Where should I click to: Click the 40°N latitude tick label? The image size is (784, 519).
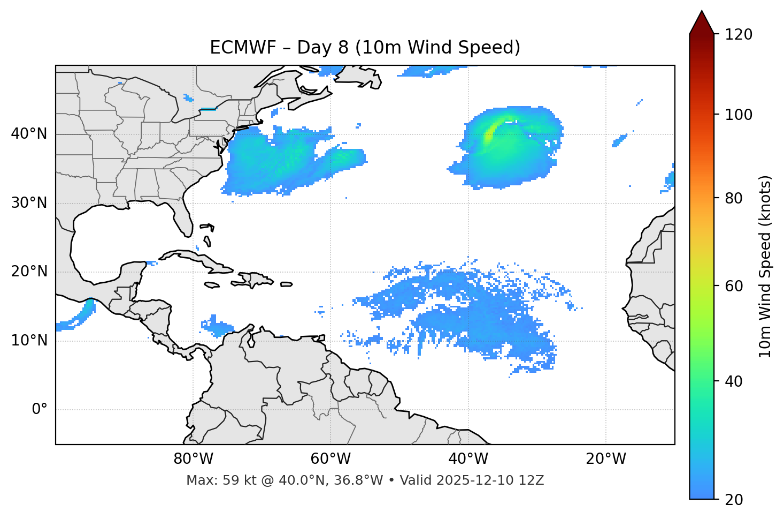[29, 134]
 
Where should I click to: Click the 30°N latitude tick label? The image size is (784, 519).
[29, 203]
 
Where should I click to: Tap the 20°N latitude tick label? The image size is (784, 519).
[29, 272]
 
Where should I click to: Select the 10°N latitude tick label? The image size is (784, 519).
[29, 341]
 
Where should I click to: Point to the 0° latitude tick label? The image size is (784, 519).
[40, 410]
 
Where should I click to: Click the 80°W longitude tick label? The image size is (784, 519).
[193, 459]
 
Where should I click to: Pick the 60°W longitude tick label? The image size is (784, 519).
[330, 459]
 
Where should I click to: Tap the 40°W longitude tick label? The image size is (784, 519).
[468, 459]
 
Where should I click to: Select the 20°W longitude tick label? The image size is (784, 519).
[606, 459]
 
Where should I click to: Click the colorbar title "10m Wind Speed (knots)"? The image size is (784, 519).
[765, 267]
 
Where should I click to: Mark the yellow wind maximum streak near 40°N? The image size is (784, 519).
[489, 134]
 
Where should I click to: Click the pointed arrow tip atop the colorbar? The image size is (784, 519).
[702, 13]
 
